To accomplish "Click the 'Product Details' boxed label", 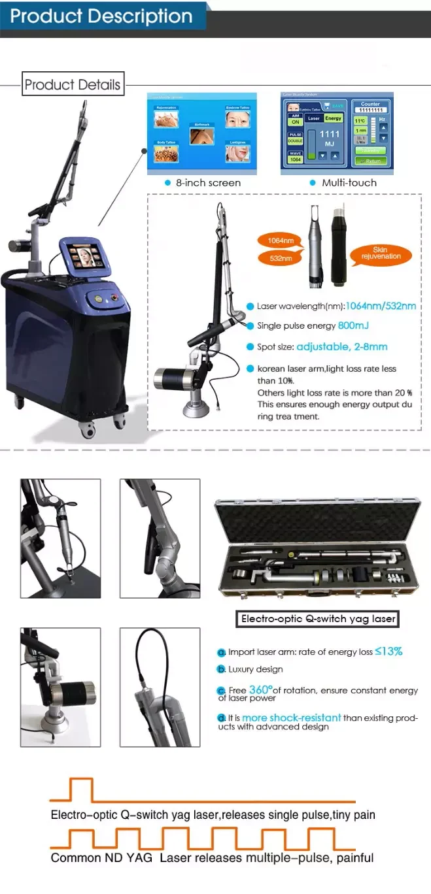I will (x=73, y=84).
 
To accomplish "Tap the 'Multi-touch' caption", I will (x=349, y=183).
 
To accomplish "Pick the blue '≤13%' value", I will (x=388, y=651).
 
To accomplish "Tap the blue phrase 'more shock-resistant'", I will (x=291, y=718).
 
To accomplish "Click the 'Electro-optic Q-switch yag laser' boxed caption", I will (x=318, y=618).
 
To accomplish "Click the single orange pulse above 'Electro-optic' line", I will (x=81, y=789).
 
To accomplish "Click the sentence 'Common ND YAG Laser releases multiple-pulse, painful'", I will (x=213, y=857).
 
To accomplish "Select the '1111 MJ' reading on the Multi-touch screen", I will (x=330, y=138).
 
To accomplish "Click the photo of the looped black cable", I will (x=160, y=687).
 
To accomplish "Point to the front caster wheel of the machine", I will (x=88, y=429).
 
